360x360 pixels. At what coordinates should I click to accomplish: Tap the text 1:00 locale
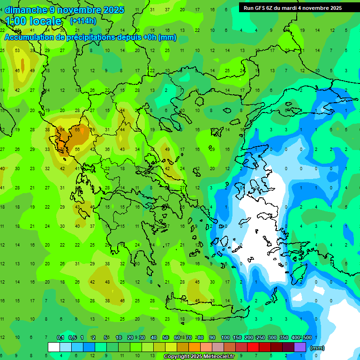click(33, 21)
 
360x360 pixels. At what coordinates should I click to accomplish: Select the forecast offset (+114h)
click(83, 21)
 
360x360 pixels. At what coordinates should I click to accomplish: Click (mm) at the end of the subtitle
click(167, 37)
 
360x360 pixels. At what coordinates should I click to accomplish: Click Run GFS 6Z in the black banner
click(260, 8)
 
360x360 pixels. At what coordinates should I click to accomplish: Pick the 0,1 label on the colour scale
click(60, 338)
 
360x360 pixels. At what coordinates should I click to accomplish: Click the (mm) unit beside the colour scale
click(317, 348)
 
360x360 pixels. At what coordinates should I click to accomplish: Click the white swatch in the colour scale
click(54, 347)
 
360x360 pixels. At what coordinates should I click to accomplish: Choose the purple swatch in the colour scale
click(300, 347)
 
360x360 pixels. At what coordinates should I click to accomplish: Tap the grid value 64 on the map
click(62, 130)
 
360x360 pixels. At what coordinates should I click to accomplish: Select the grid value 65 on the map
click(77, 130)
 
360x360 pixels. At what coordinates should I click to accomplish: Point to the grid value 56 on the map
click(77, 149)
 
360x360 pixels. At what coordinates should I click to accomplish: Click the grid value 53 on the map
click(17, 51)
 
